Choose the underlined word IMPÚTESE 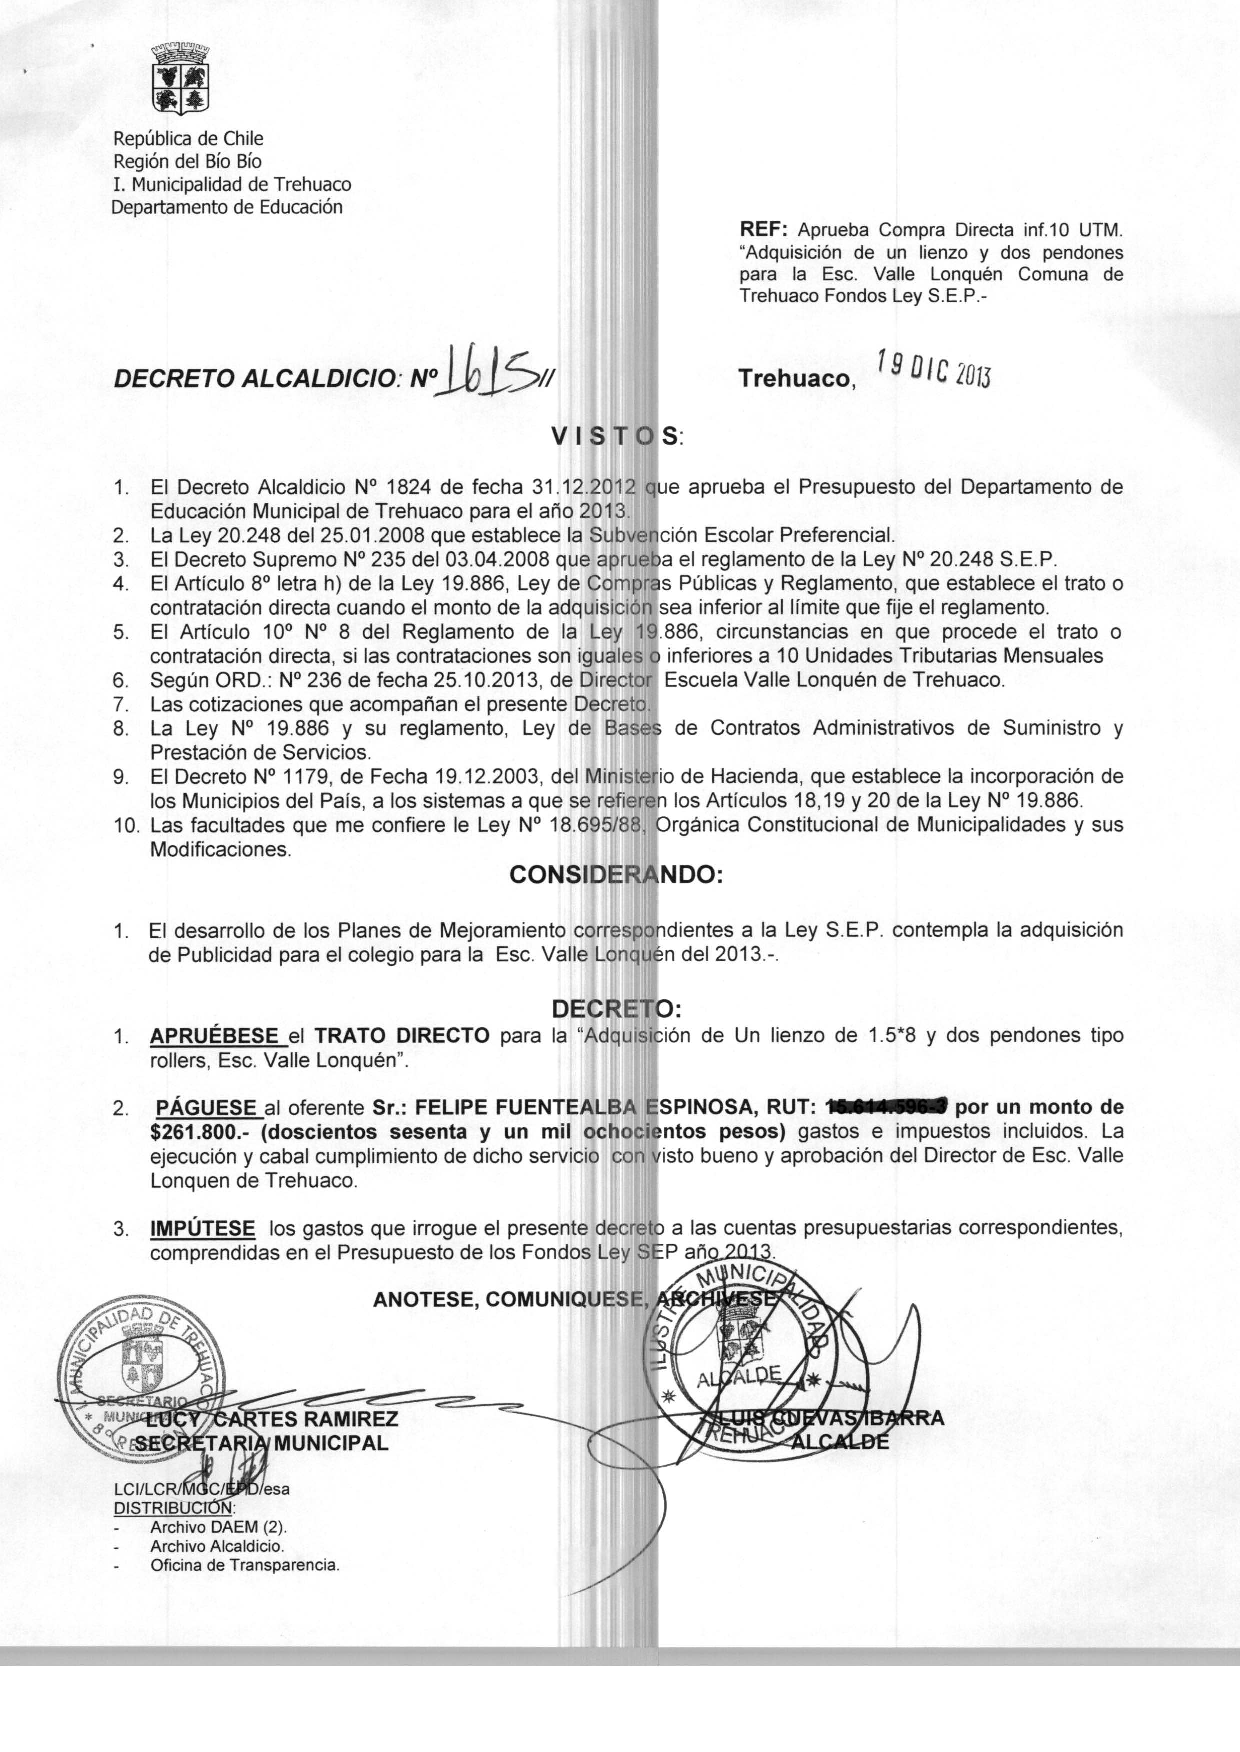[x=202, y=1228]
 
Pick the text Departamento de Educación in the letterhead [x=227, y=207]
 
